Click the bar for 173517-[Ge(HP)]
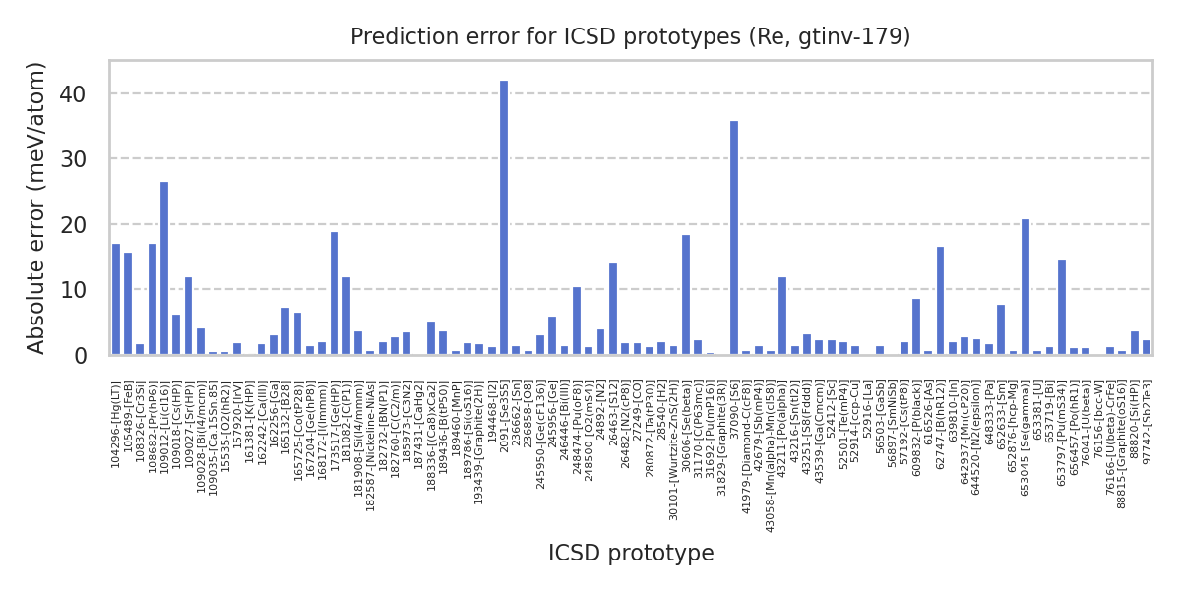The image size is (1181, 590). (x=335, y=294)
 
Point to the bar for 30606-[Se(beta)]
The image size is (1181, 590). (x=686, y=295)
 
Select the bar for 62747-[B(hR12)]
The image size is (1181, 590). (x=941, y=301)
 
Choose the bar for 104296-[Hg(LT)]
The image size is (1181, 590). (x=116, y=300)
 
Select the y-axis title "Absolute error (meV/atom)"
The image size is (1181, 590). (x=37, y=207)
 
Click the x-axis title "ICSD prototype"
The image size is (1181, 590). (x=631, y=554)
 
